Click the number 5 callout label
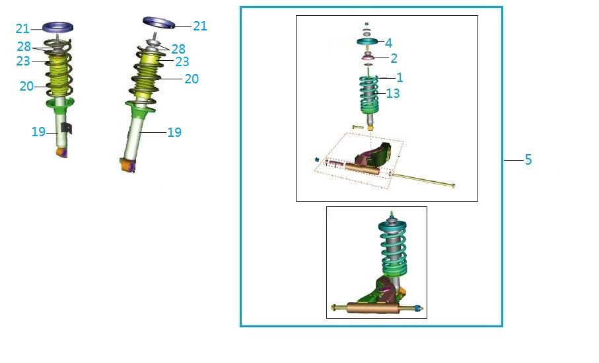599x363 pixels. point(528,159)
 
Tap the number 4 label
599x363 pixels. point(388,43)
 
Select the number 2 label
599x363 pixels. point(394,58)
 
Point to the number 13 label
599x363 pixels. point(393,93)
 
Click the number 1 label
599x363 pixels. point(400,77)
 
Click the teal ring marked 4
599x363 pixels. point(367,41)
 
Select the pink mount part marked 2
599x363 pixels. point(367,57)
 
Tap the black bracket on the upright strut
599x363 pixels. point(67,128)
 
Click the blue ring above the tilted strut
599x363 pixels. point(159,23)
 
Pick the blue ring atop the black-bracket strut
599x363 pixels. point(57,28)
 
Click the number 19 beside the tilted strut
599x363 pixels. point(174,132)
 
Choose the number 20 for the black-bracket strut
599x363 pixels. point(26,86)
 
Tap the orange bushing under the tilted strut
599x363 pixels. point(127,165)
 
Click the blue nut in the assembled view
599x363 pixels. point(419,308)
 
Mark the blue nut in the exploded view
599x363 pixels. point(317,159)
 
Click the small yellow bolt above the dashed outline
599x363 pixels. point(357,127)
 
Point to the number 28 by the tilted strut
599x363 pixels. point(178,49)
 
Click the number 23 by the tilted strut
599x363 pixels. point(182,61)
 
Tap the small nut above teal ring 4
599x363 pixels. point(367,24)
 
